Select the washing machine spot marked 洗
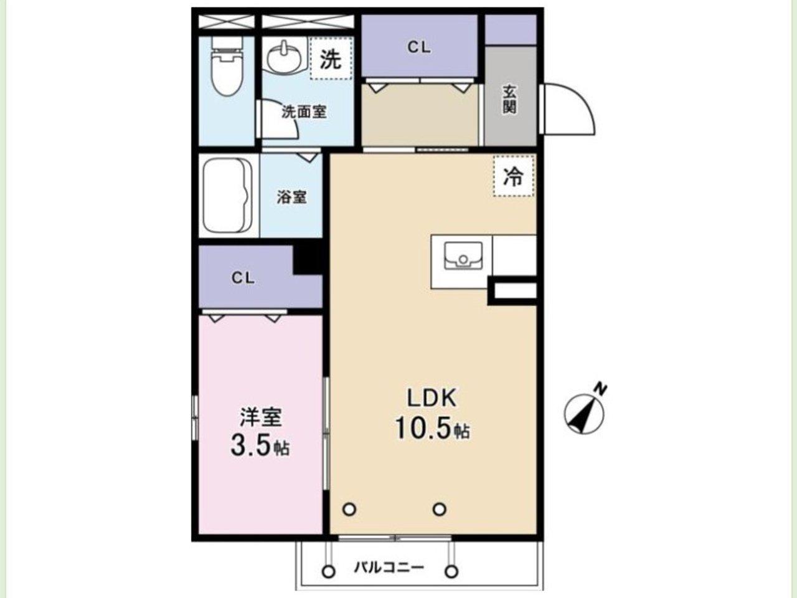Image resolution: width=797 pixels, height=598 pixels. [331, 58]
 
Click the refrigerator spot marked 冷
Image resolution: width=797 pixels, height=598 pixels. [514, 176]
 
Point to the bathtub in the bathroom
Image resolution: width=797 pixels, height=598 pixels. [228, 196]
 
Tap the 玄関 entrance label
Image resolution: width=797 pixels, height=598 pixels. [510, 99]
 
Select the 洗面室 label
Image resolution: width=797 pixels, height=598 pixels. [304, 112]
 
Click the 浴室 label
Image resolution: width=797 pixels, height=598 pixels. [291, 197]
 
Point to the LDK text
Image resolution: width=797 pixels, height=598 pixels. [431, 398]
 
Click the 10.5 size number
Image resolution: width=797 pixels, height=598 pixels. [423, 429]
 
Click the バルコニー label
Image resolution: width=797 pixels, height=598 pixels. [389, 567]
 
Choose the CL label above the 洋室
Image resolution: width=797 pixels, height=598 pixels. [243, 278]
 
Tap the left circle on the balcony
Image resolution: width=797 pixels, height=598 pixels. [329, 572]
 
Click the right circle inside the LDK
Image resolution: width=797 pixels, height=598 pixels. [440, 509]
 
